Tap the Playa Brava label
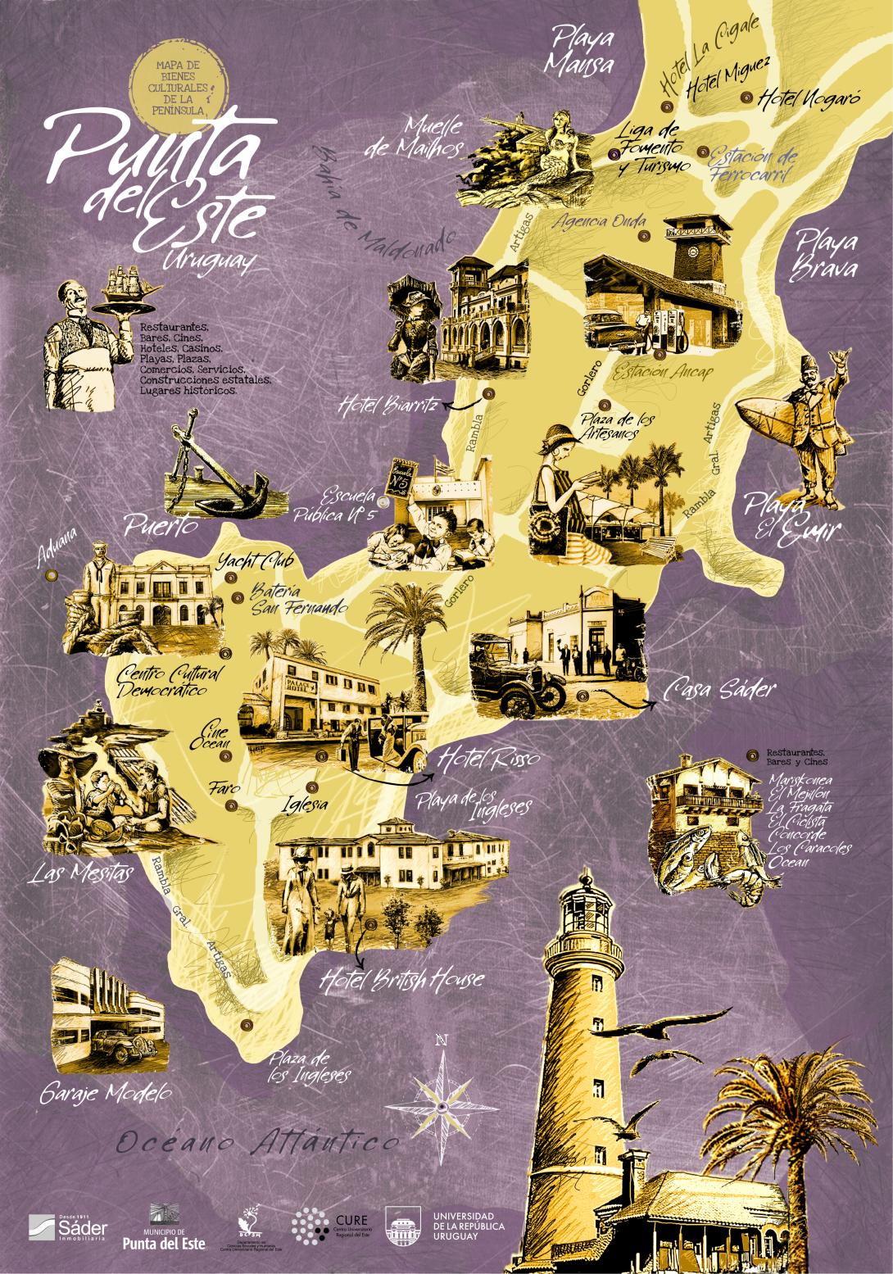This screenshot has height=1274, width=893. (827, 256)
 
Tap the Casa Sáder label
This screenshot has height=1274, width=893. (721, 690)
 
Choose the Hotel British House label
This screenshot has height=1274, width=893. (401, 978)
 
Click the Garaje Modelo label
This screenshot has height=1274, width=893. (105, 1092)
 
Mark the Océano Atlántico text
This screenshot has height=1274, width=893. (257, 1142)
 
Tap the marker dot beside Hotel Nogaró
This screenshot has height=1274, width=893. (746, 97)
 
